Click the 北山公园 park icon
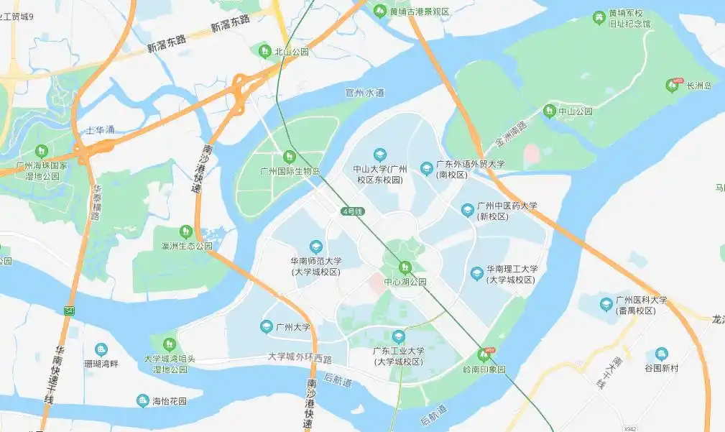pyautogui.click(x=264, y=51)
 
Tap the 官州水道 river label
pyautogui.click(x=364, y=93)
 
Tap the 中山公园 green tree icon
pyautogui.click(x=550, y=111)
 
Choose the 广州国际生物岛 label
pyautogui.click(x=290, y=171)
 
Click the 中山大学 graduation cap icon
pyautogui.click(x=380, y=155)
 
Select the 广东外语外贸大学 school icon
pyautogui.click(x=427, y=167)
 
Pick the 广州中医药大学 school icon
pyautogui.click(x=468, y=210)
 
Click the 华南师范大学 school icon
pyautogui.click(x=315, y=247)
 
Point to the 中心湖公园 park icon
pyautogui.click(x=405, y=267)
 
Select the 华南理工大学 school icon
pyautogui.click(x=477, y=273)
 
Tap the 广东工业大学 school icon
pyautogui.click(x=398, y=336)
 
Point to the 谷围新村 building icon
pyautogui.click(x=661, y=354)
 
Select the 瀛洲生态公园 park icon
pyautogui.click(x=186, y=231)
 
